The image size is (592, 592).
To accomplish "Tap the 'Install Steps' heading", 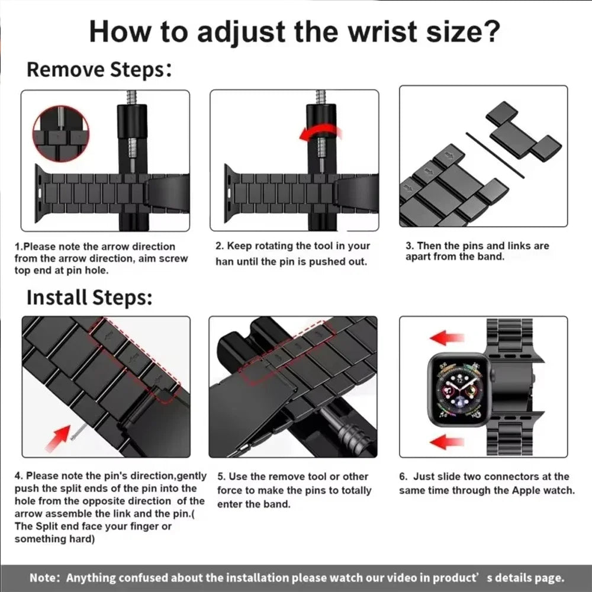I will [89, 297].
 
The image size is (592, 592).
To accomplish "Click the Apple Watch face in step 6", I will [459, 390].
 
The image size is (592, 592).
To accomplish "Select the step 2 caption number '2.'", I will [219, 246].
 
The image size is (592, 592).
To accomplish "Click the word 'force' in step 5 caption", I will [229, 490].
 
